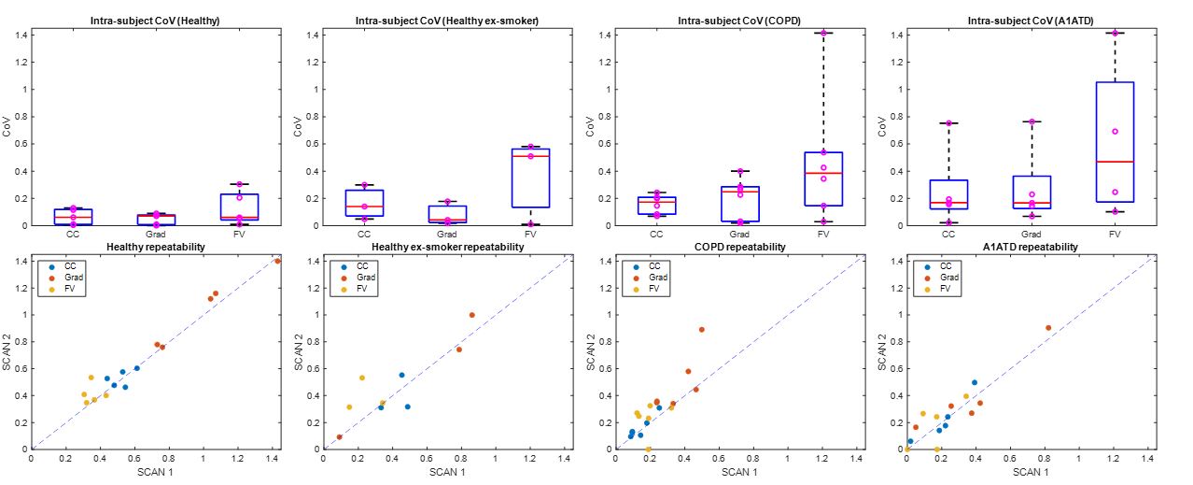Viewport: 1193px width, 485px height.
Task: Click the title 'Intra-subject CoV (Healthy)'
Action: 155,21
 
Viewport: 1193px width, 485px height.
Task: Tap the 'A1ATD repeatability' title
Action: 1032,247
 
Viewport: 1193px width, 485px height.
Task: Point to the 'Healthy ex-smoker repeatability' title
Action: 447,247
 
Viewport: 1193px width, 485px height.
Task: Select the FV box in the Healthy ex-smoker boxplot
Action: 530,178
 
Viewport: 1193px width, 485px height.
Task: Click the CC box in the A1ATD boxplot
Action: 948,194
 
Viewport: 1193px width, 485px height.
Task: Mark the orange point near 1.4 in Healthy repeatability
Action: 277,261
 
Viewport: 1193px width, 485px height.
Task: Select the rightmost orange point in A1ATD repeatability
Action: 1048,328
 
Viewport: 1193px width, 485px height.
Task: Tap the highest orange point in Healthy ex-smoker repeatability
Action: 471,315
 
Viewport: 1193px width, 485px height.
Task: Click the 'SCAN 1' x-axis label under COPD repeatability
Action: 738,473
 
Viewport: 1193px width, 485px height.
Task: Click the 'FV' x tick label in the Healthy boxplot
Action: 238,235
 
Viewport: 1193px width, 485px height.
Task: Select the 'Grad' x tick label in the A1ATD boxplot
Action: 1032,235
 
